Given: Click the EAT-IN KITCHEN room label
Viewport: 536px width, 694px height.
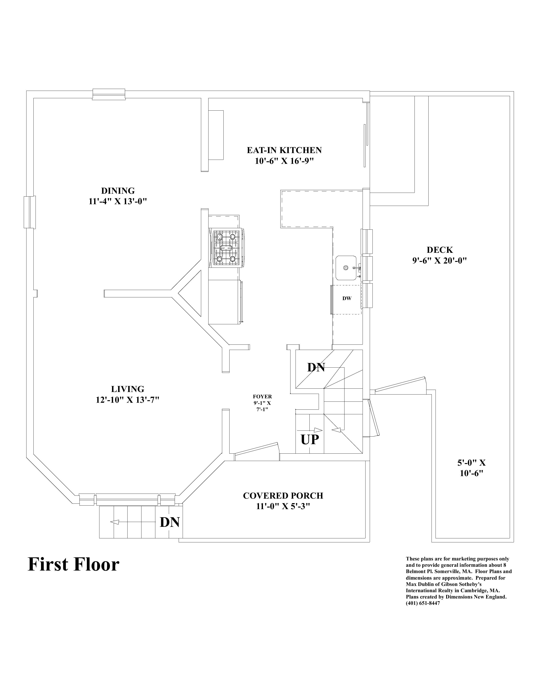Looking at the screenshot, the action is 284,150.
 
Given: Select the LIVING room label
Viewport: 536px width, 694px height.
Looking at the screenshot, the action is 128,389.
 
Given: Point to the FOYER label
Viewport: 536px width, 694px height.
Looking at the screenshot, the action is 262,397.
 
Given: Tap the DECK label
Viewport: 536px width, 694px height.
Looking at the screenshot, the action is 440,250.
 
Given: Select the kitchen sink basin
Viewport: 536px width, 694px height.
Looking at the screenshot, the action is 346,268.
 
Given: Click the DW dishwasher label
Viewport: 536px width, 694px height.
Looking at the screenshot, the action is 347,298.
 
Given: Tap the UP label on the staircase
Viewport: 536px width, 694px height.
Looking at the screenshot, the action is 310,440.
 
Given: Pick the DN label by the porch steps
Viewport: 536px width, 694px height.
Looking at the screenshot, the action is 170,522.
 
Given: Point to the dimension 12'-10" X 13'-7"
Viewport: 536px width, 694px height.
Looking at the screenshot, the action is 127,400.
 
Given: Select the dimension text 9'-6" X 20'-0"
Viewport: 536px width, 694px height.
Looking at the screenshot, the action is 440,261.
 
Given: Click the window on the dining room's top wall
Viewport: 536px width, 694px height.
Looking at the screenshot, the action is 109,94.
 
